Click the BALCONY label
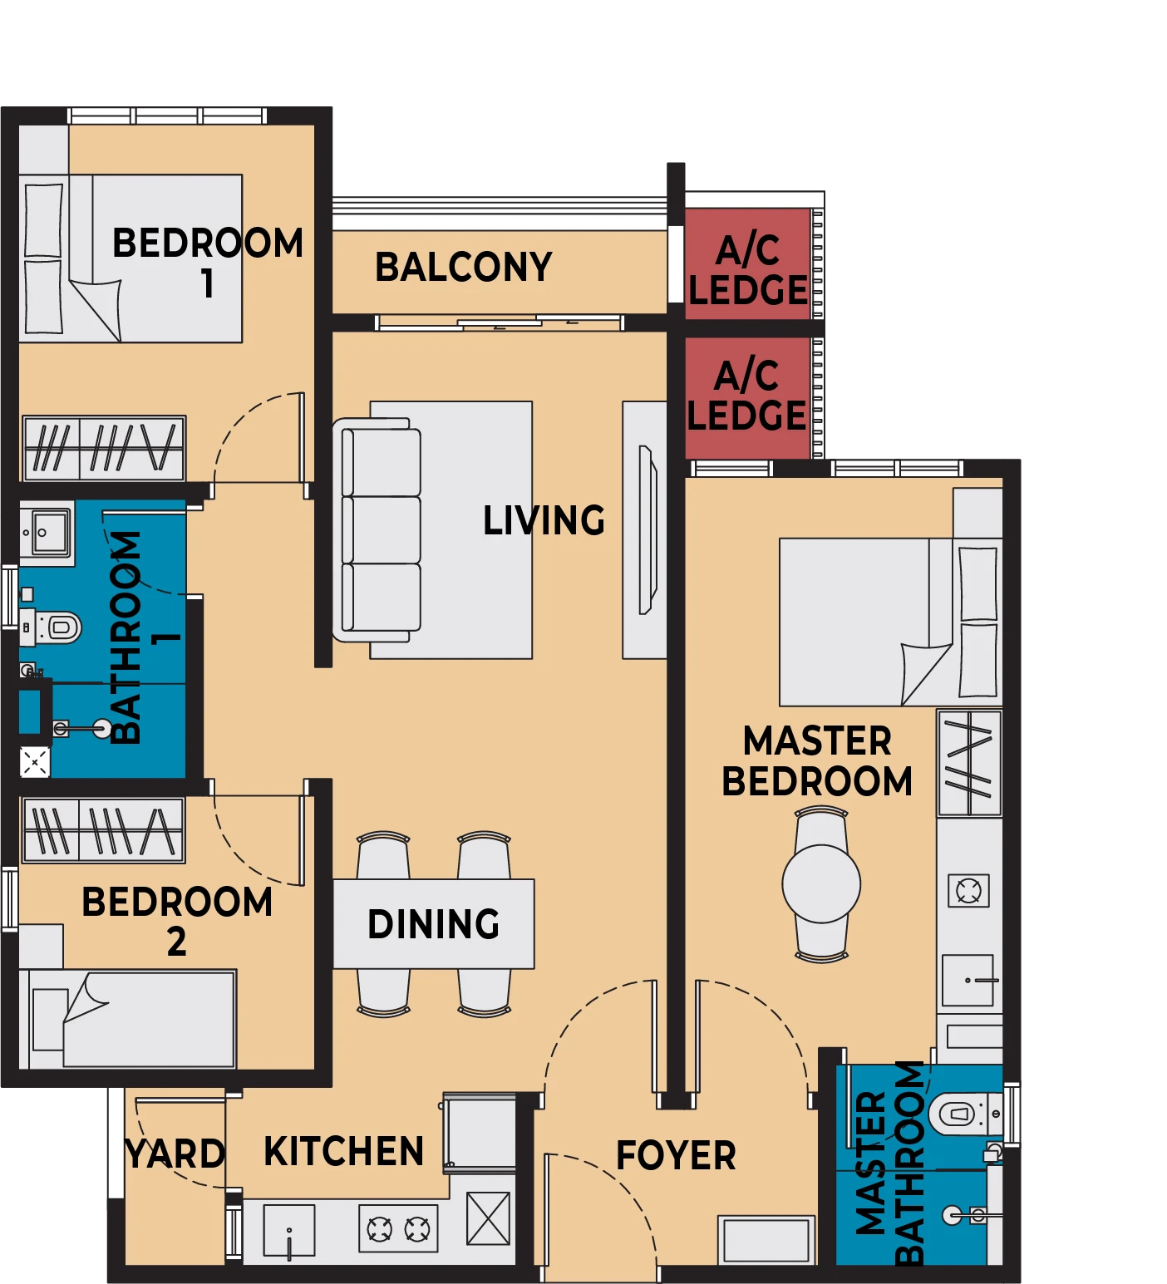[464, 267]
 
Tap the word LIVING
[544, 520]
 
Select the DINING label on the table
[434, 924]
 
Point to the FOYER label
[676, 1155]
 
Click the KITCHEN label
[344, 1151]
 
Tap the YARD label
[175, 1154]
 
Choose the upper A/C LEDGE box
[748, 263]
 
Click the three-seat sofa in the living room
[377, 530]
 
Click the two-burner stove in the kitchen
[399, 1228]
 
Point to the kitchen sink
[289, 1230]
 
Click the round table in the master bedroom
[821, 883]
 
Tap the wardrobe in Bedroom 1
[104, 448]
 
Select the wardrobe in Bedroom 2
[104, 829]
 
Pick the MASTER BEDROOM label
[818, 761]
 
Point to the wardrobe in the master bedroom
[969, 763]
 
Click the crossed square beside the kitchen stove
[488, 1218]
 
